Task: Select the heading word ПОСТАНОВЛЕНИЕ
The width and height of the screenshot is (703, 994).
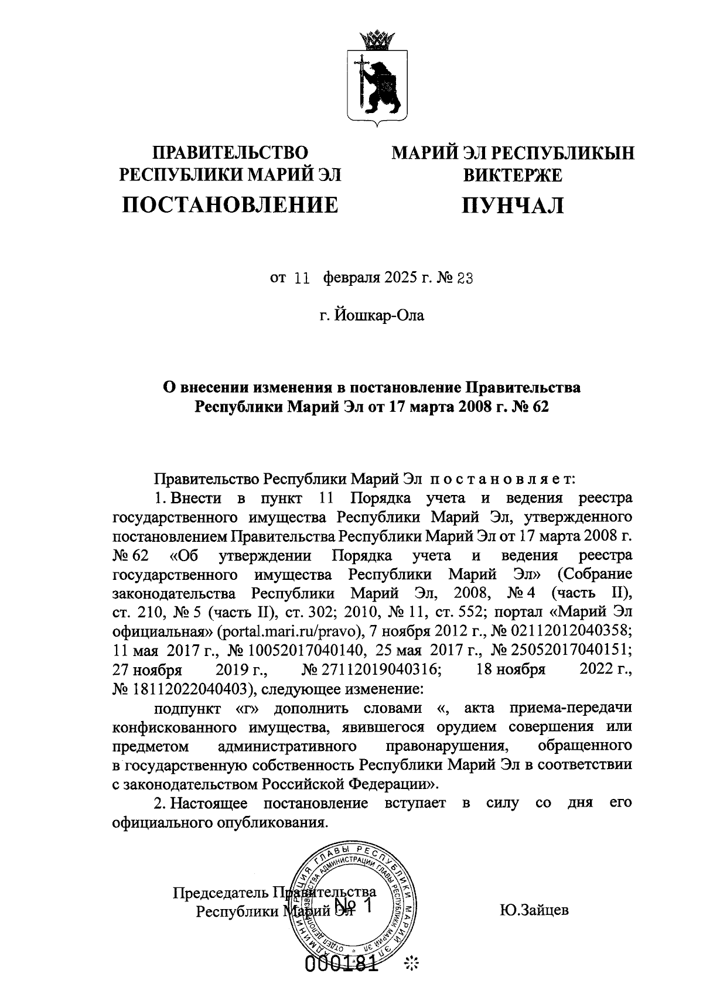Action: (x=230, y=204)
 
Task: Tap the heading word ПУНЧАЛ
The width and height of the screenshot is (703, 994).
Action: (x=513, y=205)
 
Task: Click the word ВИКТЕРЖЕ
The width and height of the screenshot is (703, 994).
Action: (x=513, y=175)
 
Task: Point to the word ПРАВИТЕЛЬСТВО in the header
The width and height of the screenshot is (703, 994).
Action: (x=230, y=153)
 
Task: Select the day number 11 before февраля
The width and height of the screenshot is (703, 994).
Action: (x=301, y=279)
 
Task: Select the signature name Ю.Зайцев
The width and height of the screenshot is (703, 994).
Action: (x=534, y=911)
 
